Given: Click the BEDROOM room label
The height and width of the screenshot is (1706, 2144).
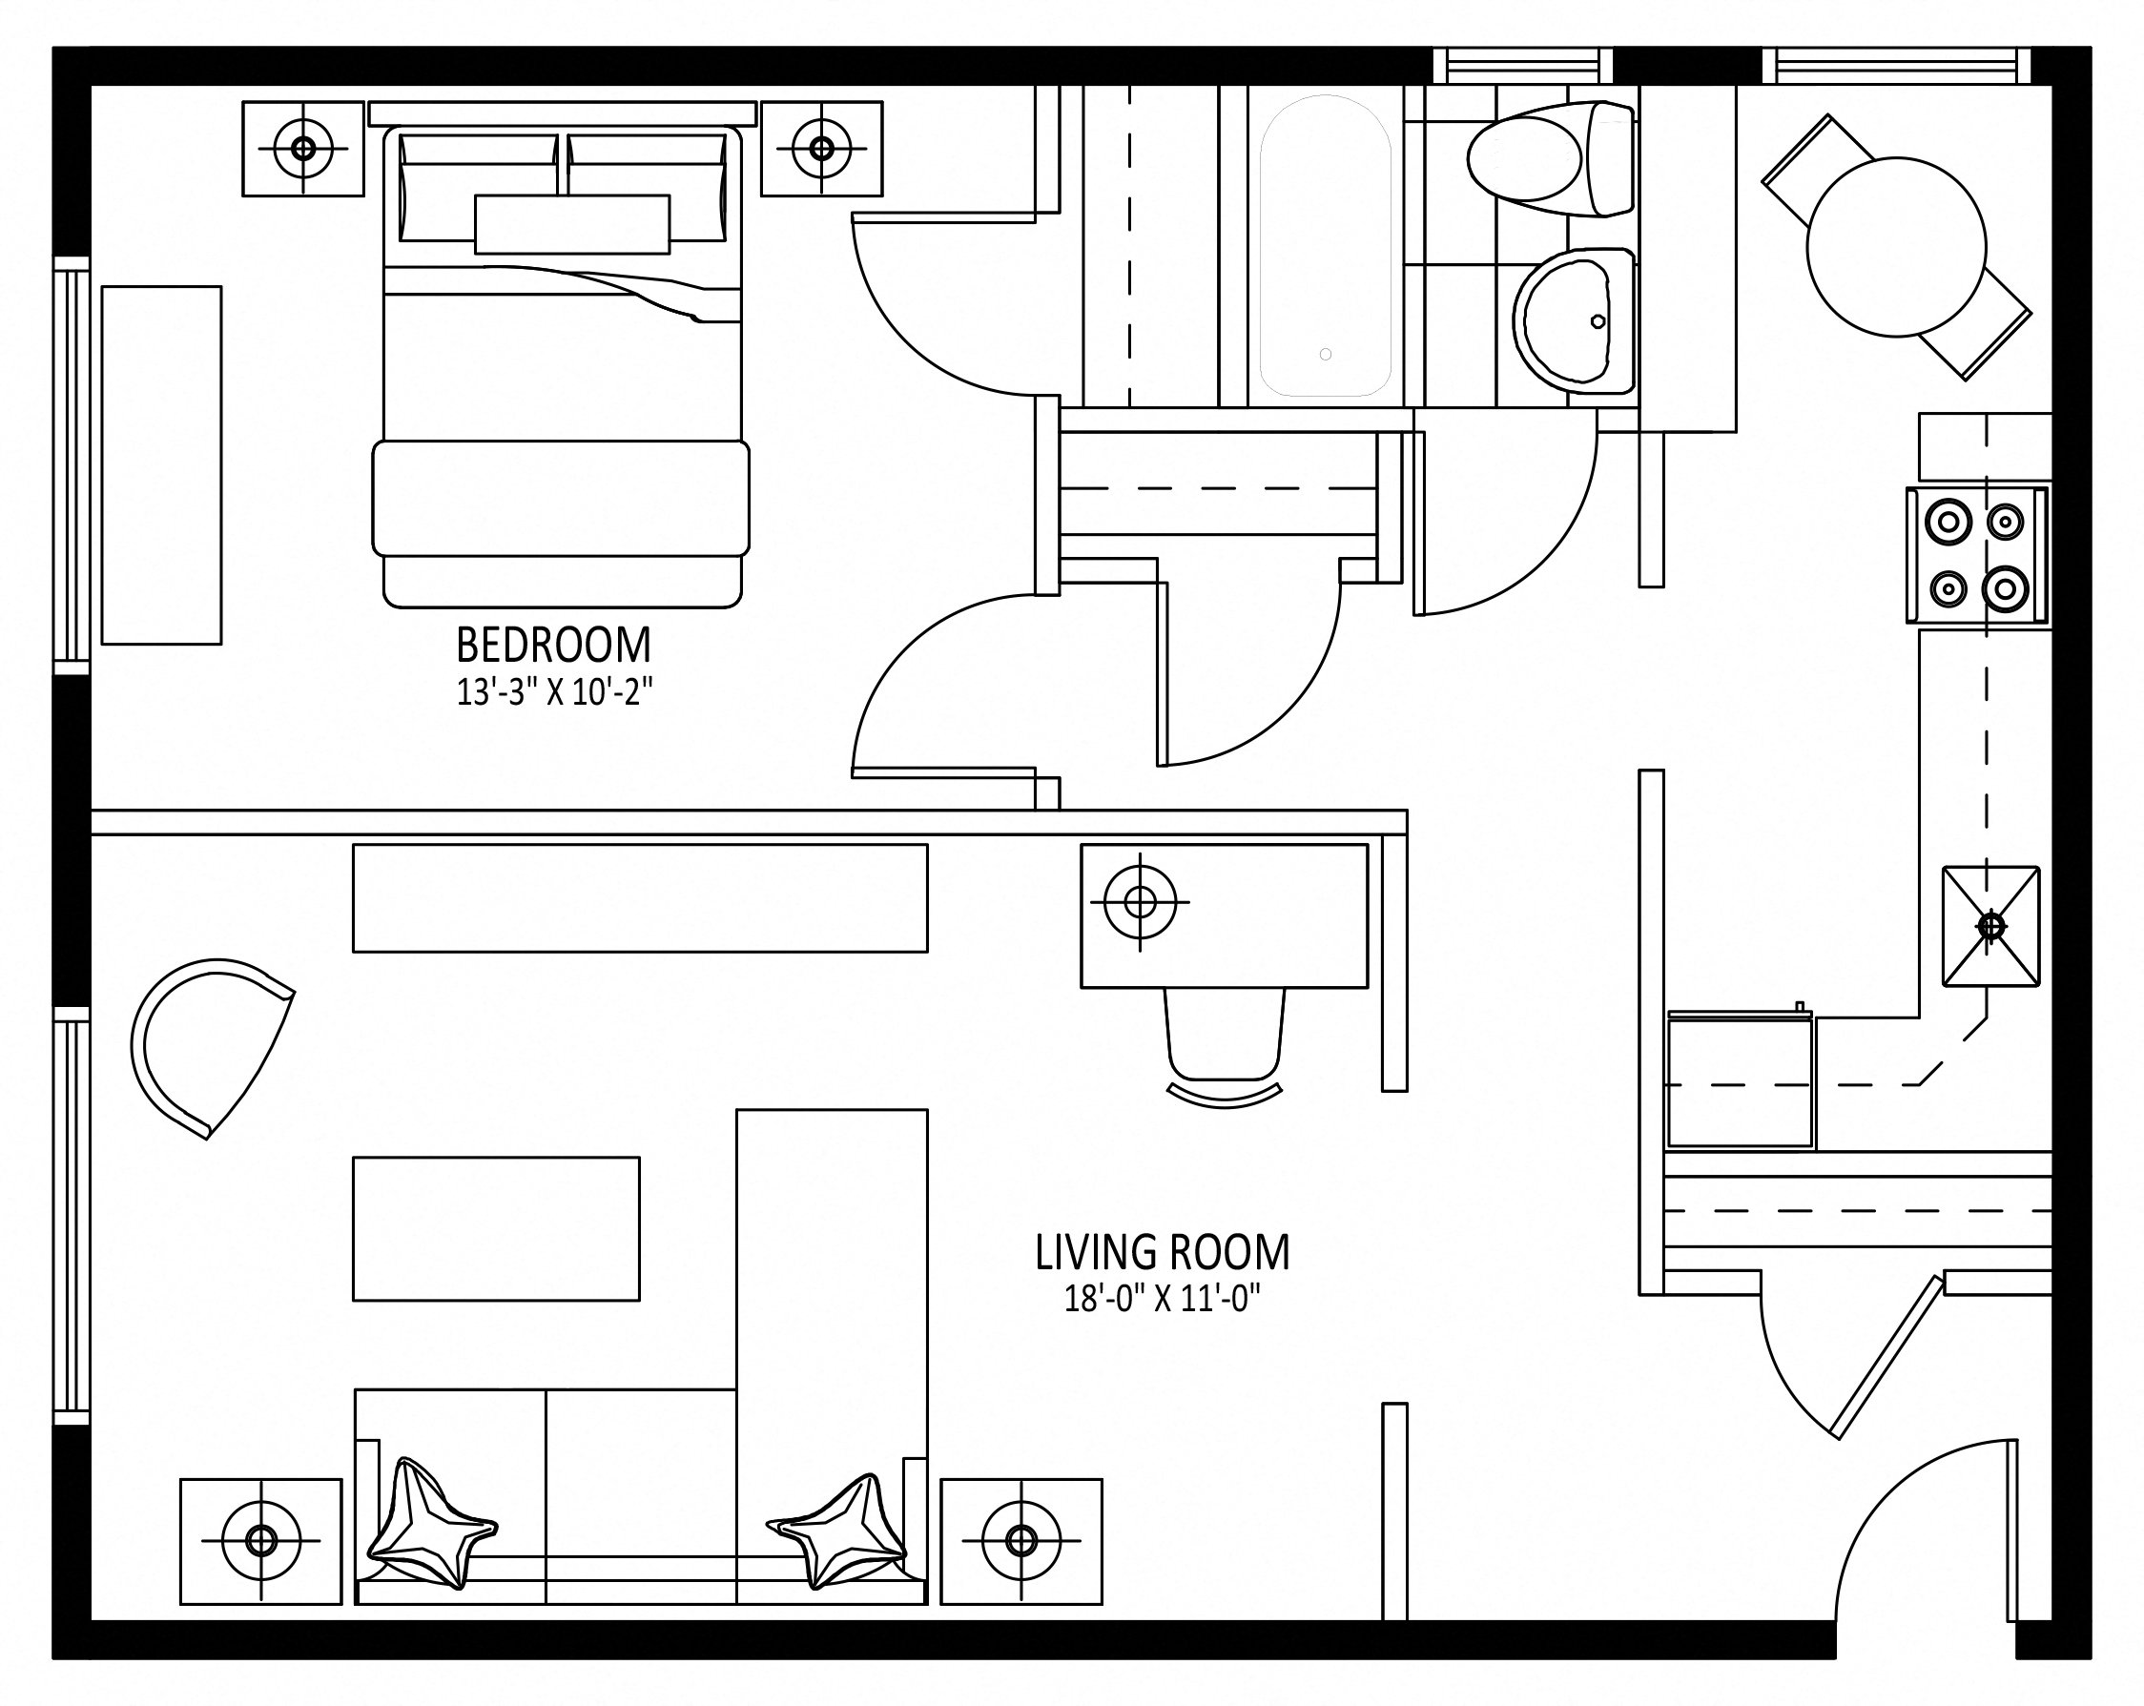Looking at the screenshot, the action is point(553,646).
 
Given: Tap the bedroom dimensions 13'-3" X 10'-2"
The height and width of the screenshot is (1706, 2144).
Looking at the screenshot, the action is point(554,692).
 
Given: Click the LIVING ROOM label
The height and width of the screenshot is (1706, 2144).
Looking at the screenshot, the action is point(1163,1253).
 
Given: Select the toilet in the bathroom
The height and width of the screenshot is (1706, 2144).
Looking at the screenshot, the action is point(1551,159).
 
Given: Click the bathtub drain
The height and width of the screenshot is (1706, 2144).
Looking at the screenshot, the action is point(1325,354).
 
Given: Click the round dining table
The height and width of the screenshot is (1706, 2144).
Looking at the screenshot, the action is point(1895,247).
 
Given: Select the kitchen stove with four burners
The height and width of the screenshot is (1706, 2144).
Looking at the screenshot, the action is point(1978,555).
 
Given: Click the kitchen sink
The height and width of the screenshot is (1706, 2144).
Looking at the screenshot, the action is point(1990,927).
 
